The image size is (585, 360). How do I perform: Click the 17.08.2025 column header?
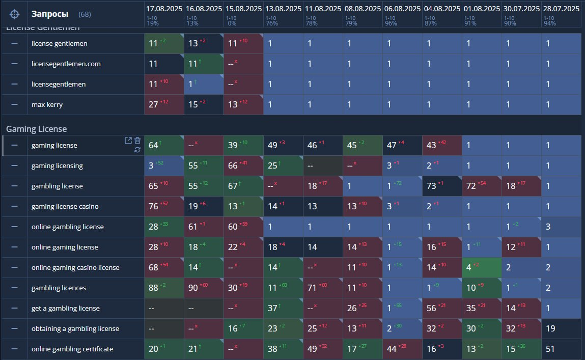[x=164, y=9]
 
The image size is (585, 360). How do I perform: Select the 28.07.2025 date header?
[x=561, y=9]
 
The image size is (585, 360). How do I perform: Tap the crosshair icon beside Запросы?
[x=15, y=14]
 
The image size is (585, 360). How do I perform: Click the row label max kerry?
[x=47, y=104]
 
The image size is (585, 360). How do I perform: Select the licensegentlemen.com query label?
[x=66, y=64]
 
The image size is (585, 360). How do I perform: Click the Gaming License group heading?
[x=36, y=129]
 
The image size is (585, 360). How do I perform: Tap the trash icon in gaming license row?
[x=137, y=141]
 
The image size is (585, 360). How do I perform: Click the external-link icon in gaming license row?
[x=128, y=141]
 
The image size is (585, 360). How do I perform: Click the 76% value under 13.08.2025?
[x=271, y=23]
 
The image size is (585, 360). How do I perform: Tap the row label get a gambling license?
[x=66, y=308]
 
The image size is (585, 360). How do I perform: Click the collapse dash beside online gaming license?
[x=14, y=247]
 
